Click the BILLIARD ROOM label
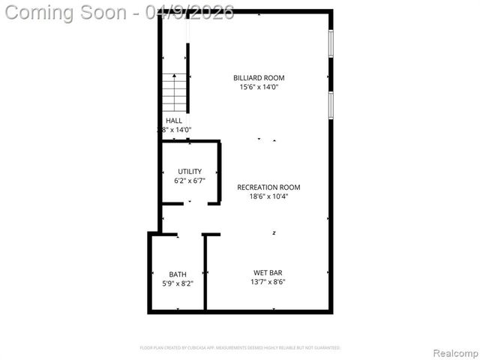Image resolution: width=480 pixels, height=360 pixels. pos(259,77)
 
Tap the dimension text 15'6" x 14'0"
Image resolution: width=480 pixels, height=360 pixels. pos(259,87)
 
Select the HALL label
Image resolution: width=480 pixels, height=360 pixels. pos(174,120)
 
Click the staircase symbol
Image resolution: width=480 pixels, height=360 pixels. pos(174,92)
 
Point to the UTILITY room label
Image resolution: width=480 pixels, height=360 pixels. pos(190,171)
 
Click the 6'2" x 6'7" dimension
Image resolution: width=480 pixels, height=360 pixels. pos(190,181)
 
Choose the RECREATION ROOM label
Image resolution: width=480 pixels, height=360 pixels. pos(268,187)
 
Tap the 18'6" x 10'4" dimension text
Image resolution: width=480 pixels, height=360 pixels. pos(268,196)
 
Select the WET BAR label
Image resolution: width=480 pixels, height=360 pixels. pos(268,272)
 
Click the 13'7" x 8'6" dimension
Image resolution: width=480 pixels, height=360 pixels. pos(268,282)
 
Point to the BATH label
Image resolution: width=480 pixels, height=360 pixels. pos(178,274)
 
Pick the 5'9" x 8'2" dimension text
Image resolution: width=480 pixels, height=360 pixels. pos(178,283)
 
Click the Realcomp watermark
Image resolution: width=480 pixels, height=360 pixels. pos(456,352)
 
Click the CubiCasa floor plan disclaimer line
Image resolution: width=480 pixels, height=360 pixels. pos(240,348)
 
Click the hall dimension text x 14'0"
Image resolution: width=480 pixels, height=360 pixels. pos(175,129)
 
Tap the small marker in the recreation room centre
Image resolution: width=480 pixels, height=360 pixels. pos(274,233)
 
